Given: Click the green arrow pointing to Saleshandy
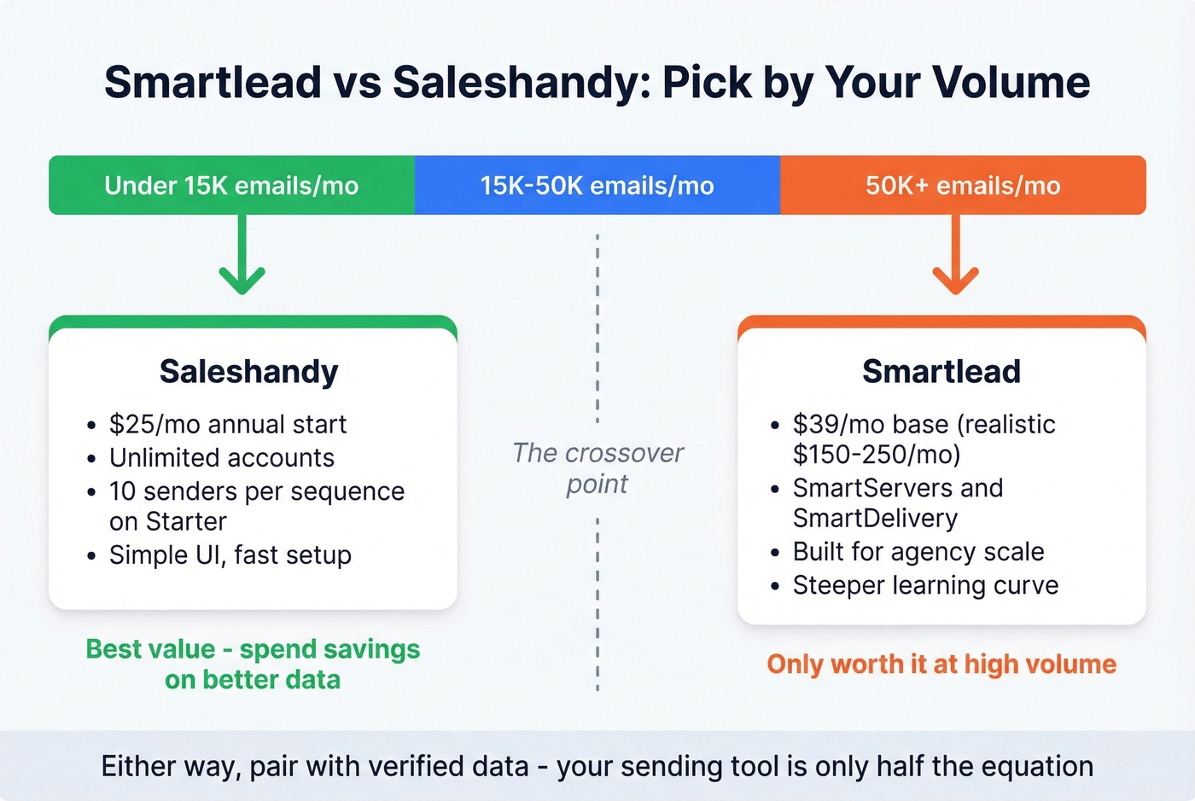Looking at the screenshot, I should click(242, 256).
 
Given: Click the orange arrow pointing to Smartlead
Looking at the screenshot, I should click(955, 256).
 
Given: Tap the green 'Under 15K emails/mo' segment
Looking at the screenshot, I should click(231, 185).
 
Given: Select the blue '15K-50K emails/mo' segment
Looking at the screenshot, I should click(597, 185).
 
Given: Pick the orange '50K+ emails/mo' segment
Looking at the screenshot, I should click(963, 185).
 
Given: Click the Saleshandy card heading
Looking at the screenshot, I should click(249, 372).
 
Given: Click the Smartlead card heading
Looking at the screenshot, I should click(941, 372).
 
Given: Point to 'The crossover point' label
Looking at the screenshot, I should click(597, 468).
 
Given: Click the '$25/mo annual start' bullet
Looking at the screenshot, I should click(228, 424).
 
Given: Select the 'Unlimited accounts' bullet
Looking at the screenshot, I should click(222, 458).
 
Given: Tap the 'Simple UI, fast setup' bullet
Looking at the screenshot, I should click(230, 555).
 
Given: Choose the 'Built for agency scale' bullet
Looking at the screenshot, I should click(918, 552).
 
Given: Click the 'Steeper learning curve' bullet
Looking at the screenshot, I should click(925, 585).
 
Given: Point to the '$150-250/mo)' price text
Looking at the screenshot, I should click(877, 454).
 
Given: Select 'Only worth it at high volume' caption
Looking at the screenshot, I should click(941, 664).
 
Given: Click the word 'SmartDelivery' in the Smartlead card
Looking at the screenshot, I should click(875, 519).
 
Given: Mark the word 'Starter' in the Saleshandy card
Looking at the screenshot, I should click(185, 521).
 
